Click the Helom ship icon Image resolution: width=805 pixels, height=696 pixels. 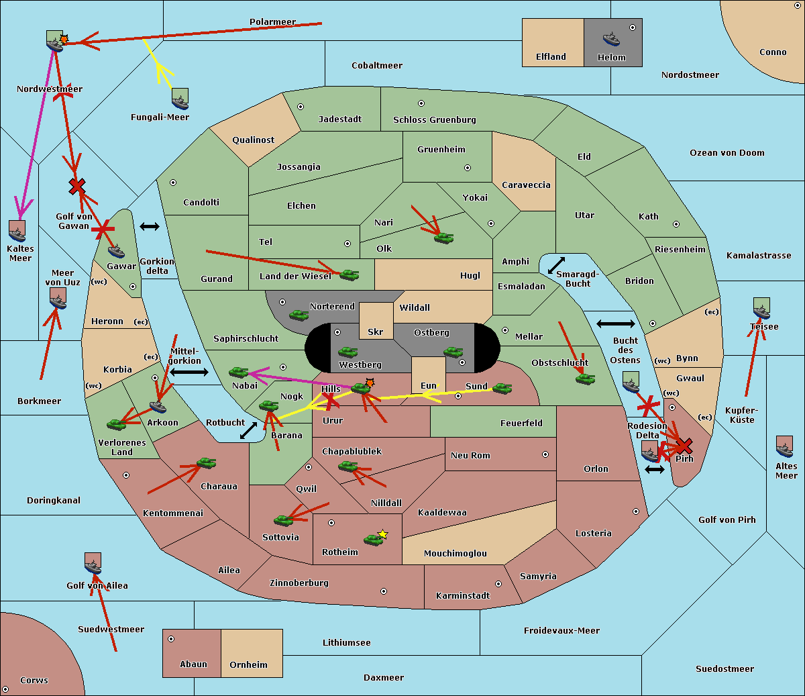tap(611, 40)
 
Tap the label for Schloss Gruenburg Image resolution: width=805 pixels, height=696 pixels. tap(434, 119)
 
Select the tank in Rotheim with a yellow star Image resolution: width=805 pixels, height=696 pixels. tap(373, 540)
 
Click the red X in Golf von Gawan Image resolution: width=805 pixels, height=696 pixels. tap(76, 187)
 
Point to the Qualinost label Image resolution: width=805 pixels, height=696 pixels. tap(253, 140)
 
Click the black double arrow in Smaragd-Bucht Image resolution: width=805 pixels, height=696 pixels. tap(556, 265)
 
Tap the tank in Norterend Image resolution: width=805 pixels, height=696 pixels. tap(299, 315)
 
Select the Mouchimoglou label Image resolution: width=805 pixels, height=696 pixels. tap(455, 553)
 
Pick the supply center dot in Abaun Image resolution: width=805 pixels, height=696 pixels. tap(171, 640)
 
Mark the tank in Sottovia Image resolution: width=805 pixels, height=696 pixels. tap(284, 520)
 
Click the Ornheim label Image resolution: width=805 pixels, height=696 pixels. tap(248, 664)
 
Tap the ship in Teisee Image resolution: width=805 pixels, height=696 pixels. tap(761, 308)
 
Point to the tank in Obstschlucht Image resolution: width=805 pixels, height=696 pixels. tap(586, 379)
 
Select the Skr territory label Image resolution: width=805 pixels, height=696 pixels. tap(376, 332)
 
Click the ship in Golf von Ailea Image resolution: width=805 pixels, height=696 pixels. tap(93, 563)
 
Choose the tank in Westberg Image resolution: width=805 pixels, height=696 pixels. tap(347, 352)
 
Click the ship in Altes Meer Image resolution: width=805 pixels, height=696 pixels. tap(784, 446)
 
